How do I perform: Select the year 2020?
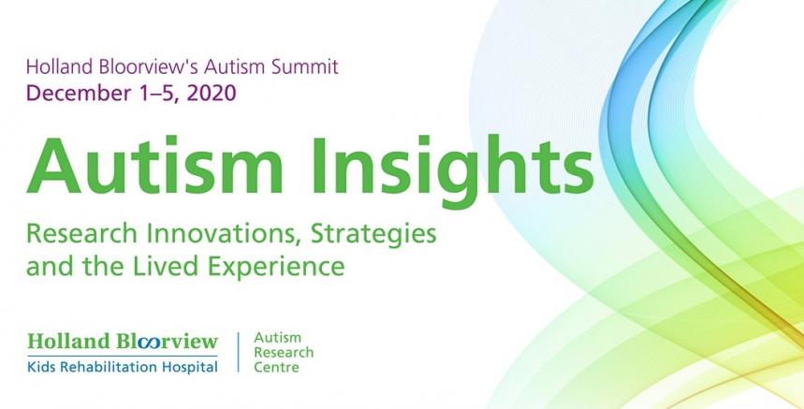point(212,93)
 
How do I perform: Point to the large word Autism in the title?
point(154,165)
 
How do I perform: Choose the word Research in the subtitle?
point(82,234)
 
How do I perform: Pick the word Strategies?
point(373,235)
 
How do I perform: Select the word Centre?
point(276,368)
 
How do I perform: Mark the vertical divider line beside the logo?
point(239,352)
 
